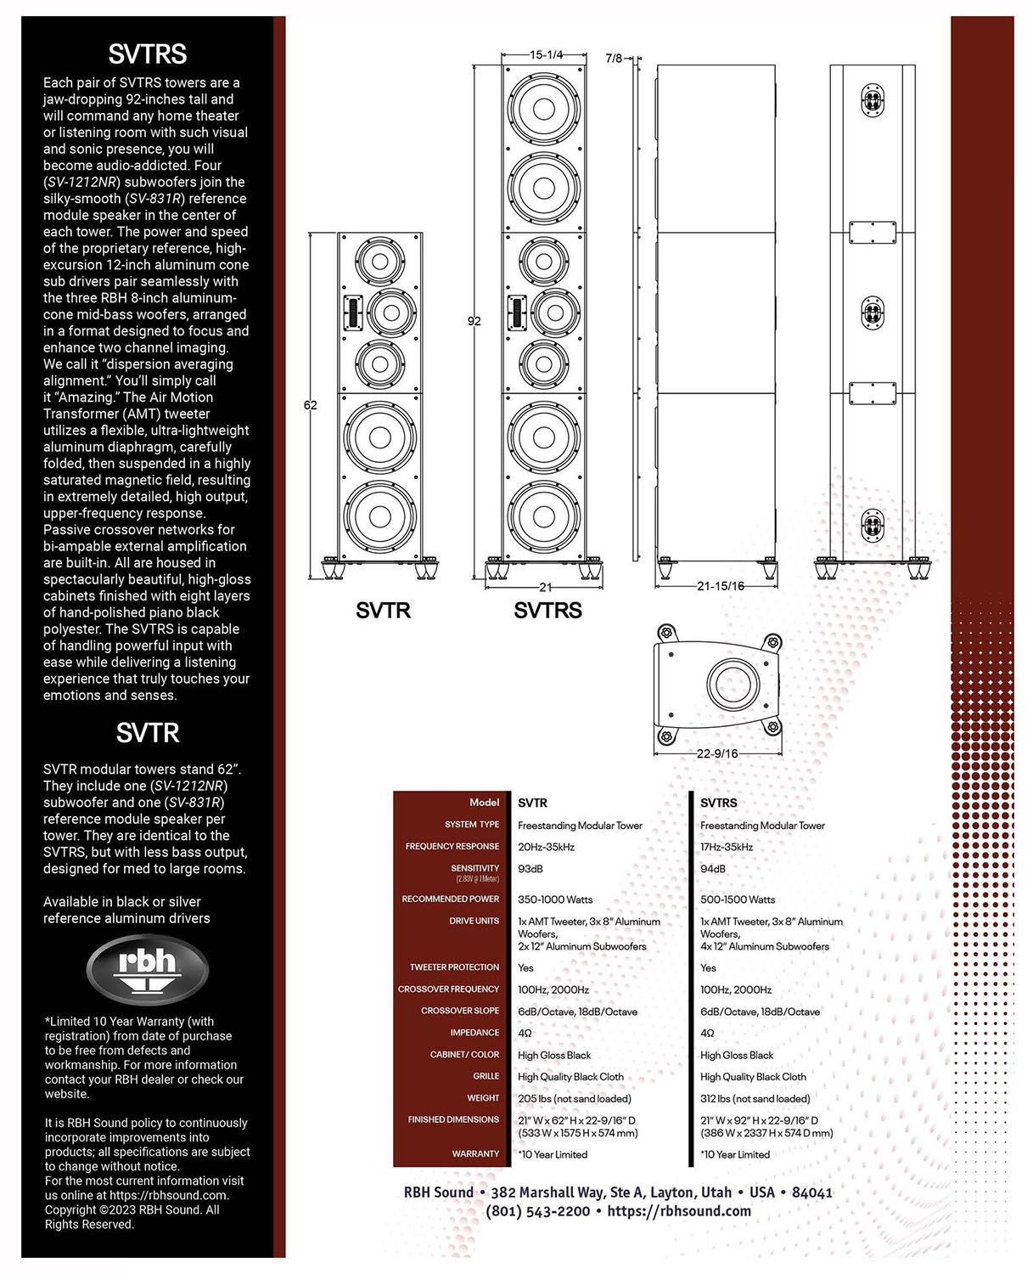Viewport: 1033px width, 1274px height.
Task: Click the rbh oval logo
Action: (147, 968)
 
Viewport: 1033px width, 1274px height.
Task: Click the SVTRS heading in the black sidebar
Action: (147, 54)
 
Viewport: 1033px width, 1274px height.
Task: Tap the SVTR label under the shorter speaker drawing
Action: (383, 610)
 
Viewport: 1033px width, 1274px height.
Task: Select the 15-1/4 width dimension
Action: (546, 55)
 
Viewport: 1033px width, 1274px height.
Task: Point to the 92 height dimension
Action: (474, 321)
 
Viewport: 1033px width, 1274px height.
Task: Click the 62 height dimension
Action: (311, 405)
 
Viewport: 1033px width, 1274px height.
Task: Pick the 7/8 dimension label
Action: (614, 59)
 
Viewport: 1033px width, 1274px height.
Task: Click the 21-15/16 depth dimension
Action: (721, 586)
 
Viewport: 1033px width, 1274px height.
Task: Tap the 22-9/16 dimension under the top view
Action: (716, 753)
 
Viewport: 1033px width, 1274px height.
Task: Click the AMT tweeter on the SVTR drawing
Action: (353, 312)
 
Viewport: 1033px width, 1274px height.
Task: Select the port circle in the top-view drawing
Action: (733, 683)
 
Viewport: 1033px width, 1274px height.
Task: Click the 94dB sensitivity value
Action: (713, 869)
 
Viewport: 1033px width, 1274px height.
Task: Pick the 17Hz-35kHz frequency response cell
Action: (727, 847)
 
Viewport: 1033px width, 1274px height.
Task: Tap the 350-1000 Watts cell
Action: (555, 899)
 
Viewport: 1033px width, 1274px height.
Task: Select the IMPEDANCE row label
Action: (474, 1032)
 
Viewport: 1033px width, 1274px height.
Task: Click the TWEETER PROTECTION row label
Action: (454, 967)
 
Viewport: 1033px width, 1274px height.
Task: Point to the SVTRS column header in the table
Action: (719, 803)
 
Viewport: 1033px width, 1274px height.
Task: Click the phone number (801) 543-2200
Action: (537, 1211)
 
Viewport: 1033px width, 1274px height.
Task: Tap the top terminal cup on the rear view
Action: (873, 100)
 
